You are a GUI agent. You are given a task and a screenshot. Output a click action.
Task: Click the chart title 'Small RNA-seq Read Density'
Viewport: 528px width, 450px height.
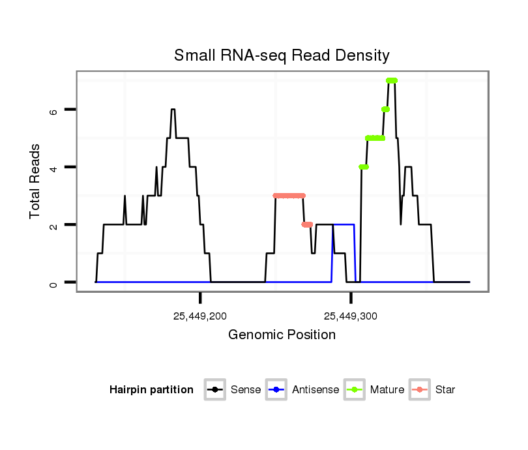(x=282, y=55)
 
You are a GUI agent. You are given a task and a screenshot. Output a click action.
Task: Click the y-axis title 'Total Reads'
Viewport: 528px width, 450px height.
(x=37, y=181)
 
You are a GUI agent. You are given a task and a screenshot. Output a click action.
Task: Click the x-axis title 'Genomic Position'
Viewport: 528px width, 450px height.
(x=282, y=335)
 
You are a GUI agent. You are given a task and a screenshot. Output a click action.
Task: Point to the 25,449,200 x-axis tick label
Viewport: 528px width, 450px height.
(x=200, y=316)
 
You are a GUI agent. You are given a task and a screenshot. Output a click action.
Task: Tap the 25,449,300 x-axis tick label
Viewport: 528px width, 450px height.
(x=351, y=316)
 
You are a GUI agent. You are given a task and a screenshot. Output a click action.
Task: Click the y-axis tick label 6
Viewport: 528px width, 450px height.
(x=54, y=110)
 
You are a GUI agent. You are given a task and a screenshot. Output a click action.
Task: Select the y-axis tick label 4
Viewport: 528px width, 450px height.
(x=54, y=168)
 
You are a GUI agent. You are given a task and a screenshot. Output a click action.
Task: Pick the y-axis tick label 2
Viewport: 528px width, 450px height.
(x=54, y=225)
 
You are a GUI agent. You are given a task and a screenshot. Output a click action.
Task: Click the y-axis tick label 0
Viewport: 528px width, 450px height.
(x=54, y=282)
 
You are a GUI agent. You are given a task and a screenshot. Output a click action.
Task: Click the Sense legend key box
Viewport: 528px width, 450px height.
(x=214, y=390)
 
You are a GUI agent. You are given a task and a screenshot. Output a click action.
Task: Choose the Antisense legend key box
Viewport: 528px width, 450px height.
(x=276, y=390)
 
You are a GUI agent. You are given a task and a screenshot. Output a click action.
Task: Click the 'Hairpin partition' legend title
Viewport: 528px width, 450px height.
(x=151, y=390)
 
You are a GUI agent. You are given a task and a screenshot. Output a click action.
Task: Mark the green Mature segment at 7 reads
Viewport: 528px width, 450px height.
(x=391, y=81)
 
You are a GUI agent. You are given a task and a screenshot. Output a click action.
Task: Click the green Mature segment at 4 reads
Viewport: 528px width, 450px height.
(x=364, y=167)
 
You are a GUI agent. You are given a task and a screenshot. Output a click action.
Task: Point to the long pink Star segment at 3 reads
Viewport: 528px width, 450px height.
(x=289, y=196)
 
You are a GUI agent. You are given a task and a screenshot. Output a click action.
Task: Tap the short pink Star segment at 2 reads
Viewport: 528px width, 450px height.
(x=307, y=224)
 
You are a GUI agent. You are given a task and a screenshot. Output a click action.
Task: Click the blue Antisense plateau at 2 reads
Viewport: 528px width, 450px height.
(x=344, y=224)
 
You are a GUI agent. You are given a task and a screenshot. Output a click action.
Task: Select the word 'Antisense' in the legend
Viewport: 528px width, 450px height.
(x=315, y=390)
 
